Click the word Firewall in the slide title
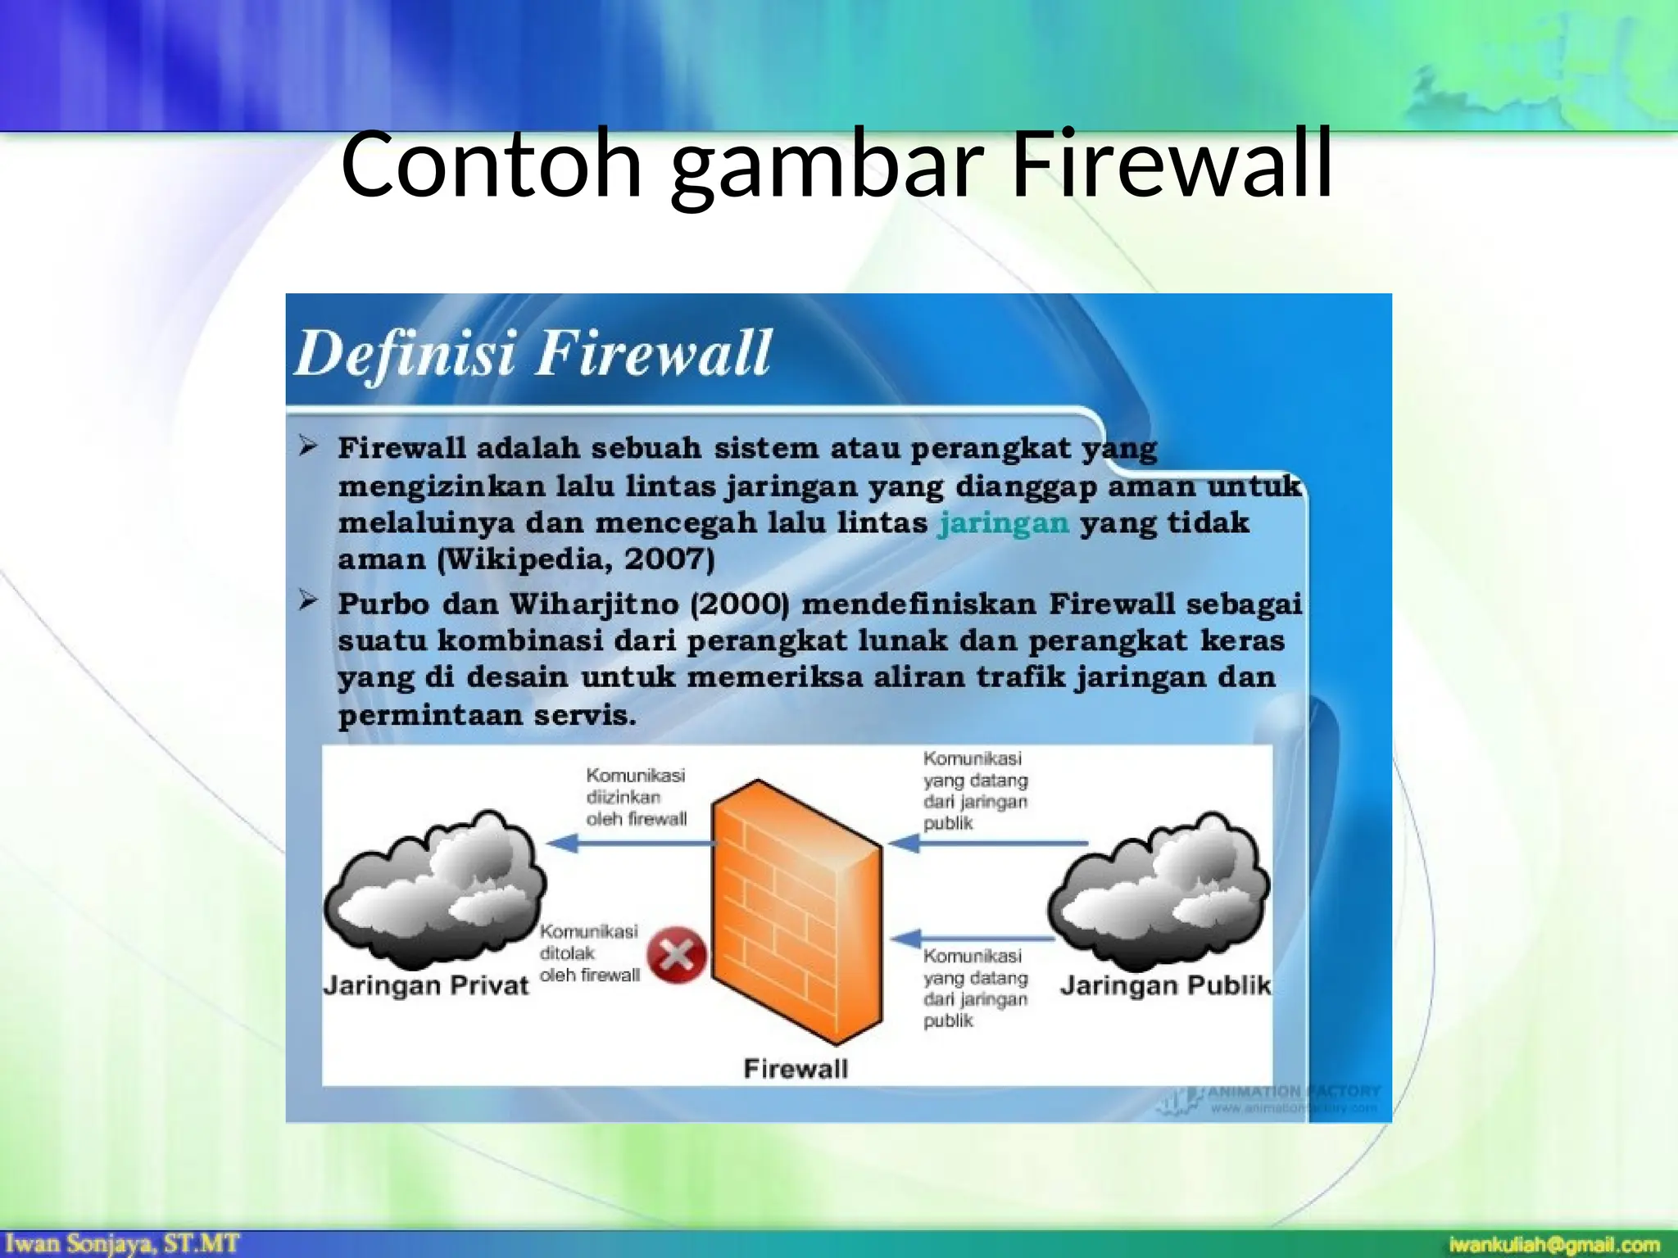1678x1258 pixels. (x=1172, y=164)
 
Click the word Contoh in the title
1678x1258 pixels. (x=491, y=164)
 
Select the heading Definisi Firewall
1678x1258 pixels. (x=533, y=354)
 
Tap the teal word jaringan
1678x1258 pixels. (x=1004, y=523)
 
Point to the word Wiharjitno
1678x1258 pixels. (x=594, y=604)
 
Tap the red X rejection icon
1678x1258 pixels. (x=677, y=954)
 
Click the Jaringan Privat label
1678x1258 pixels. (x=426, y=985)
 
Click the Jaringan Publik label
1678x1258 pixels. (x=1165, y=985)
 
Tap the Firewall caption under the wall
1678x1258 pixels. (x=796, y=1069)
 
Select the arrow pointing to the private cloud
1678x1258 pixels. (x=627, y=843)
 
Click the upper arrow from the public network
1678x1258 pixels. (x=987, y=843)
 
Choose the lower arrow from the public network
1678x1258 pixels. (x=971, y=938)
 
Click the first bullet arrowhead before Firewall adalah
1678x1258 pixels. (x=308, y=446)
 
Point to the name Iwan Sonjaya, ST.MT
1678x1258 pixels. (x=123, y=1243)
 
